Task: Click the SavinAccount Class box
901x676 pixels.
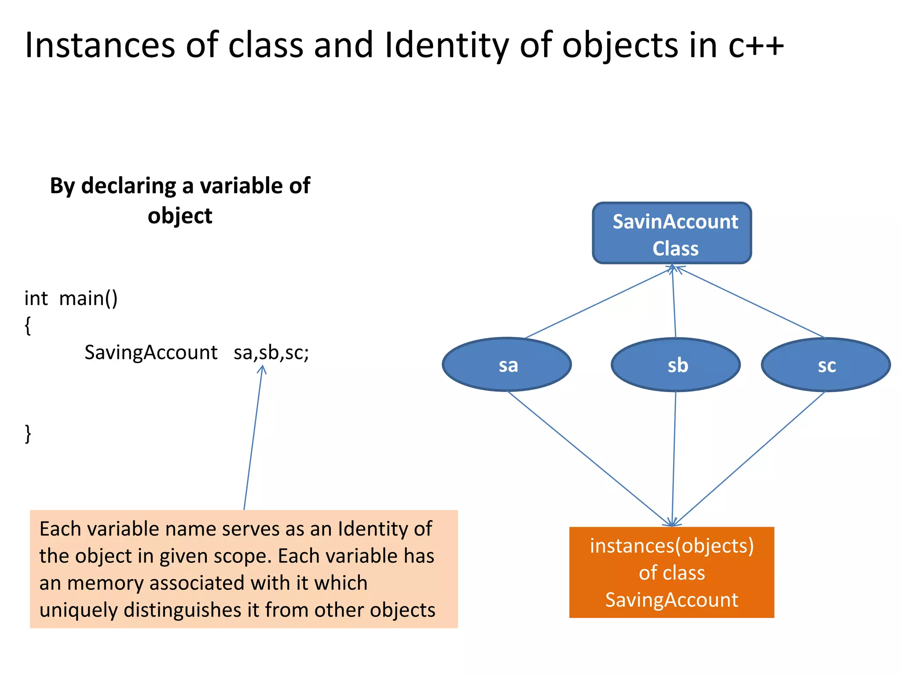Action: point(672,233)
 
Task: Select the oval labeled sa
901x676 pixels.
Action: point(507,365)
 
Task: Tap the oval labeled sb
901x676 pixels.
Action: point(676,365)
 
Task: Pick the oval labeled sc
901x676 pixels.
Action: point(826,365)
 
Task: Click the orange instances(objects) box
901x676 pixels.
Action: point(671,572)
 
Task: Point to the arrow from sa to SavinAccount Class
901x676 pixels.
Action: point(598,303)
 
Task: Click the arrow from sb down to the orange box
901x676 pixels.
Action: point(674,458)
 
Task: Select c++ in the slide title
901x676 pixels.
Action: point(756,45)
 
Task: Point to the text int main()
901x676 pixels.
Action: point(71,298)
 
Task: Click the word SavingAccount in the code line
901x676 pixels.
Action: point(150,353)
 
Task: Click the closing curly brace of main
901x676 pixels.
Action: point(28,434)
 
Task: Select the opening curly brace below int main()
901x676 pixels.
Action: point(28,326)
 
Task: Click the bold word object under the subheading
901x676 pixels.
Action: point(179,216)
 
